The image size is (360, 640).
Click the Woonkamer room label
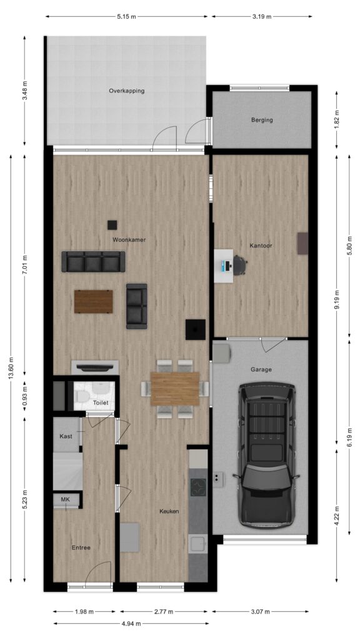pos(129,240)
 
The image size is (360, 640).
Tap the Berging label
pos(262,120)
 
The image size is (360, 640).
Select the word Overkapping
pos(126,91)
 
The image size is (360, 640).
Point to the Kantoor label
pos(261,246)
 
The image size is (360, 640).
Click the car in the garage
pos(266,455)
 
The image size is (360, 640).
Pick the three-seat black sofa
pos(94,262)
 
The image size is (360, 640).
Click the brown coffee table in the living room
pos(94,302)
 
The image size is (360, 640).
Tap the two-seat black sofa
pos(137,306)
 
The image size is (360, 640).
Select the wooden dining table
pos(175,389)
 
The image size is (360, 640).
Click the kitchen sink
pos(198,544)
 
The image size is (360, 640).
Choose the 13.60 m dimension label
pos(11,369)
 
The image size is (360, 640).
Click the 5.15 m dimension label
pos(126,17)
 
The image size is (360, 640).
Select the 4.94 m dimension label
pos(131,624)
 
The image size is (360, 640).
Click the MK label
pos(65,499)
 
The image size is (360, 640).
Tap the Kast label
pos(66,436)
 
